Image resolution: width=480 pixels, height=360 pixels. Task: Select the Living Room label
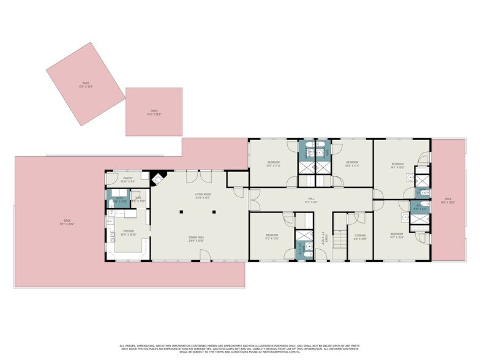[x=203, y=195]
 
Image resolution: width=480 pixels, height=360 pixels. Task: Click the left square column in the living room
[x=182, y=212]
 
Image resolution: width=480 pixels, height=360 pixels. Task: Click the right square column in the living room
[x=214, y=212]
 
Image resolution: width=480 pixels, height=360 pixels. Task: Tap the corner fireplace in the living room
[x=158, y=178]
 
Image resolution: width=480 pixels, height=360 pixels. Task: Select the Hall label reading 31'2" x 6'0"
[x=311, y=200]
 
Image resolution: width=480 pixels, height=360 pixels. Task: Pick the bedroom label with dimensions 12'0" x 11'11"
[x=273, y=163]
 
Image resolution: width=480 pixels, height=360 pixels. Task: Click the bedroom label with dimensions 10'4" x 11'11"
[x=352, y=163]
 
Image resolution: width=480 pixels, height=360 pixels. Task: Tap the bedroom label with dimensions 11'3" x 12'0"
[x=272, y=236]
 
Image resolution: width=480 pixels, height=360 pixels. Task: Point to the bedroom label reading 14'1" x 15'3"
[x=397, y=236]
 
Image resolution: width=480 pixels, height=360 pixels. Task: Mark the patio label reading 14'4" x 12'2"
[x=153, y=113]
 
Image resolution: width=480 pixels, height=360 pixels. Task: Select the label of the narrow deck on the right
[x=448, y=200]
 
